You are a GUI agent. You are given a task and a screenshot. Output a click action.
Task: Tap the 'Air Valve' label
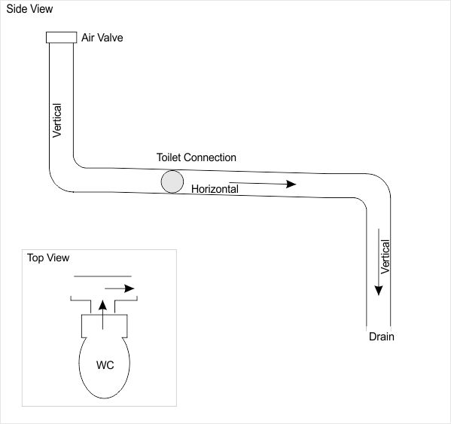pyautogui.click(x=102, y=37)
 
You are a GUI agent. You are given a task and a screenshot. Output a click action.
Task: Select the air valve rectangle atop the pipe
pyautogui.click(x=61, y=38)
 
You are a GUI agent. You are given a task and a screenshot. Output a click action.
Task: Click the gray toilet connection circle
pyautogui.click(x=172, y=181)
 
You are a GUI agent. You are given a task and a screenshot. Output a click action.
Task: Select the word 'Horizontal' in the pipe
pyautogui.click(x=215, y=189)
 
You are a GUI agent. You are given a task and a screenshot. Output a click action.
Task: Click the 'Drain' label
pyautogui.click(x=381, y=337)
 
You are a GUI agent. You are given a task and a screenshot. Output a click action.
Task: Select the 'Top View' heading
pyautogui.click(x=48, y=258)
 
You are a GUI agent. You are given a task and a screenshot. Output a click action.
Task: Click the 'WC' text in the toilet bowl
pyautogui.click(x=105, y=365)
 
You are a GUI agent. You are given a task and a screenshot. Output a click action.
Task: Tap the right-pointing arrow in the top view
pyautogui.click(x=120, y=288)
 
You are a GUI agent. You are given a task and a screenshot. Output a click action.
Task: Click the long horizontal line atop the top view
pyautogui.click(x=102, y=276)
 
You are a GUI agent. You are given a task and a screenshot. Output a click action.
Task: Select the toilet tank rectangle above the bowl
pyautogui.click(x=104, y=325)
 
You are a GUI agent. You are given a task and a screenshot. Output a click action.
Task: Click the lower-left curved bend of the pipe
pyautogui.click(x=59, y=181)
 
